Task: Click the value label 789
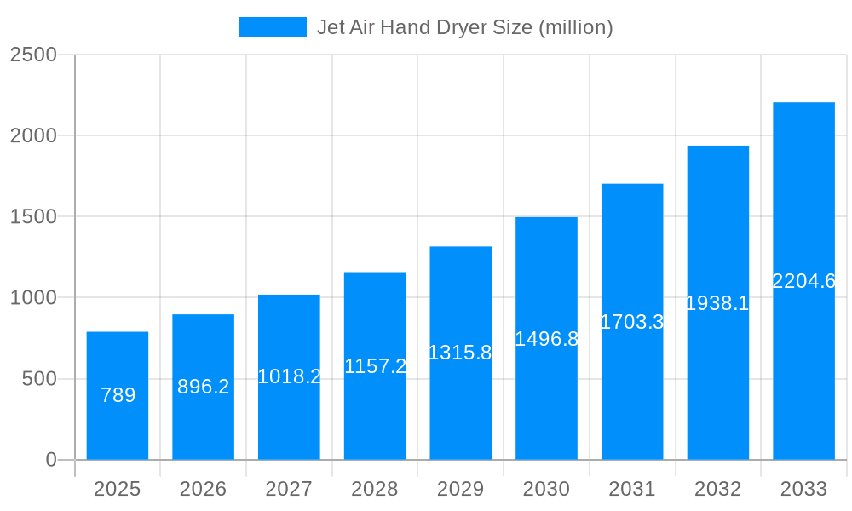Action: [118, 395]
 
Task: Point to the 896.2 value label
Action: [204, 387]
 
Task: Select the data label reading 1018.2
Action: [289, 376]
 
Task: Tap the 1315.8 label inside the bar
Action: [460, 353]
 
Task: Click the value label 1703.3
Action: [632, 322]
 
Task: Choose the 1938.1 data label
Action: [717, 303]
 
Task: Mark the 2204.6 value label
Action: [803, 281]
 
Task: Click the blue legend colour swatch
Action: [272, 27]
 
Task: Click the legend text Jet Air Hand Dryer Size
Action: [464, 27]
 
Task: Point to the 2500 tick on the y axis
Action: [32, 55]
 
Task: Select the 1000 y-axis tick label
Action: [32, 298]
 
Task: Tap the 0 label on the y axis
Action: [50, 460]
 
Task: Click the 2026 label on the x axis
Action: [204, 489]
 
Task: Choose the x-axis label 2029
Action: [460, 489]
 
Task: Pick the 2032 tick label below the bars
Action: [717, 489]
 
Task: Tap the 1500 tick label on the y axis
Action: [32, 217]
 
